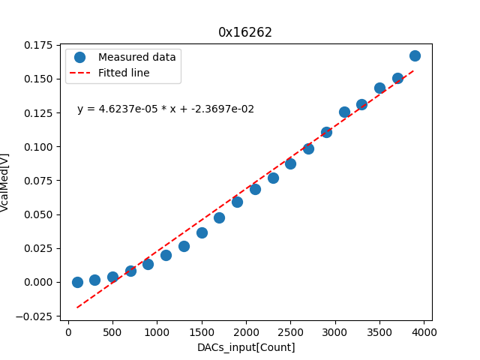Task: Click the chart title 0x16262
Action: [x=245, y=32]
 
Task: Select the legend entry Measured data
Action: [x=136, y=57]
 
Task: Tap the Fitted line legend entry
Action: [x=124, y=73]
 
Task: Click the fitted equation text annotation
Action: [x=166, y=109]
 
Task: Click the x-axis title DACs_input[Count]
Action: [x=246, y=347]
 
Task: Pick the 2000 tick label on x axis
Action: [x=247, y=332]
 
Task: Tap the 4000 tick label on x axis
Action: [x=424, y=332]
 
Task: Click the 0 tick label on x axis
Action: [x=69, y=332]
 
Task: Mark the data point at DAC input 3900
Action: [x=415, y=55]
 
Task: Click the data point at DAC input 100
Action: [x=77, y=282]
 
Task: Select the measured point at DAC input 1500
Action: [x=202, y=232]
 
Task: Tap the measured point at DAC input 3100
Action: [x=344, y=112]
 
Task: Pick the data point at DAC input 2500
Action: [x=290, y=163]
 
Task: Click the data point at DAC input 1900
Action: [x=237, y=202]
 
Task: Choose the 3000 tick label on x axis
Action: [x=335, y=332]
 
